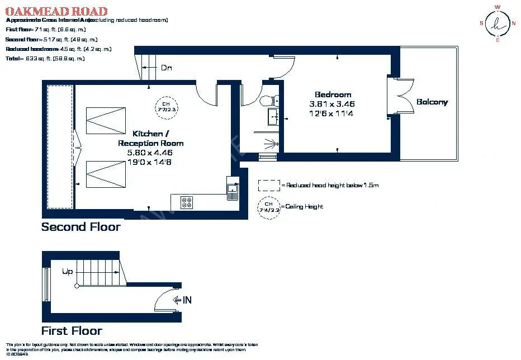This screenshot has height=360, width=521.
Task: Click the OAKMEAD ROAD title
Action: tap(56, 11)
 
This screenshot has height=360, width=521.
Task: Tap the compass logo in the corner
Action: tap(497, 23)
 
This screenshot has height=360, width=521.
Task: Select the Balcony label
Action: tap(432, 102)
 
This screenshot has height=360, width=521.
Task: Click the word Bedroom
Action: tap(333, 94)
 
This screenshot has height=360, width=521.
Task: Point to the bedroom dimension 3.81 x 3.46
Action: tap(332, 104)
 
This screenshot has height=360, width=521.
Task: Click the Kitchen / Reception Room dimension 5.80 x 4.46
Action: tap(150, 152)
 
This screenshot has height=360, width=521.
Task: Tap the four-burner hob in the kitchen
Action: tap(187, 202)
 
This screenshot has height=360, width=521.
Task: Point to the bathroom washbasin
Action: tap(274, 117)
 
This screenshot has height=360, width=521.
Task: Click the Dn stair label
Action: tap(166, 68)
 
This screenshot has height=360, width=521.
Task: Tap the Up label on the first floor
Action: tap(68, 272)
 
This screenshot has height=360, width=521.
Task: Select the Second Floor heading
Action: tap(80, 227)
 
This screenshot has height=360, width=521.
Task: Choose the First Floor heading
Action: tap(72, 330)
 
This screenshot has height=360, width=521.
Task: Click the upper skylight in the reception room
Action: tap(106, 120)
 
